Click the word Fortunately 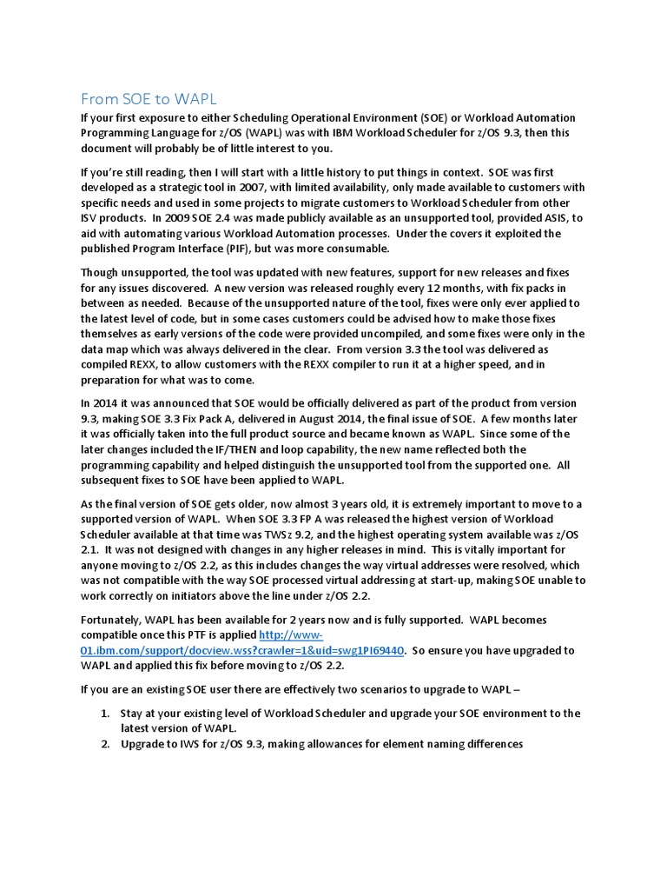coord(116,621)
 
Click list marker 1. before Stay coord(103,714)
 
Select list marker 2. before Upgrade coord(103,743)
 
